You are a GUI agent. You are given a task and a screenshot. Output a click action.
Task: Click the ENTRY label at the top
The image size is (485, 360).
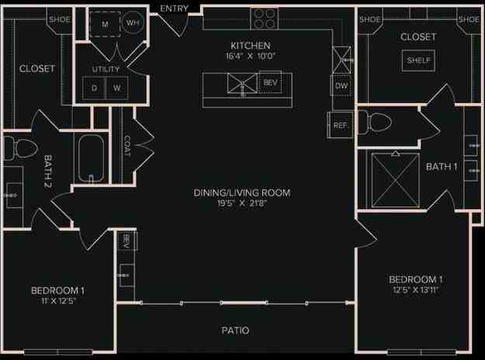174,9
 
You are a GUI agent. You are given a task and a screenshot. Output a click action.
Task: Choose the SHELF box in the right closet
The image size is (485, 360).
418,61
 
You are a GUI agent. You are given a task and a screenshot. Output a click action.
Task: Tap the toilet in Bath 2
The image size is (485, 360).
19,147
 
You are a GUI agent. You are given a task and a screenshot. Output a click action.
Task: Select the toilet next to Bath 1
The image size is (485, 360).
378,122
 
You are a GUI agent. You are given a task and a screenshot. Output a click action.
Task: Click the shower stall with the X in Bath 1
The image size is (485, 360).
396,181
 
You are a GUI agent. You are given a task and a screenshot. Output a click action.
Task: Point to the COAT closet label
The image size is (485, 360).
127,146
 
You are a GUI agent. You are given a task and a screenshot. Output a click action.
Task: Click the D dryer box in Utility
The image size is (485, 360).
95,88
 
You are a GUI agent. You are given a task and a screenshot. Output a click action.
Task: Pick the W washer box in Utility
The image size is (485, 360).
117,88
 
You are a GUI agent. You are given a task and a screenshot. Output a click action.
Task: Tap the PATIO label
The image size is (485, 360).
233,331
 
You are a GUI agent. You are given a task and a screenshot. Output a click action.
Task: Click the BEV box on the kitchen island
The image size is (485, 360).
270,81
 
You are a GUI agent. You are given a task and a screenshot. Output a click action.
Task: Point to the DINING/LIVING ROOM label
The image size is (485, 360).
242,192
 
